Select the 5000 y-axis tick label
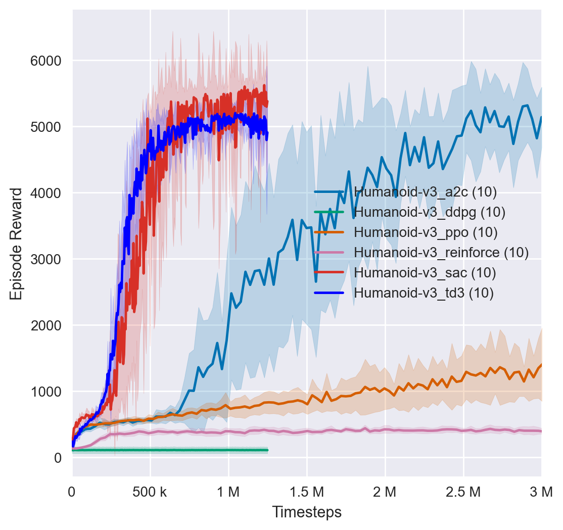coord(46,127)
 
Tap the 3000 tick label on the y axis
coord(46,259)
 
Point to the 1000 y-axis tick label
coord(46,392)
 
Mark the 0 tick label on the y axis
coord(58,458)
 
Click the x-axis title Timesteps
coord(307,512)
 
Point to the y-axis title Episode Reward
coord(16,244)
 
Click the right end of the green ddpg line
coord(267,450)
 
